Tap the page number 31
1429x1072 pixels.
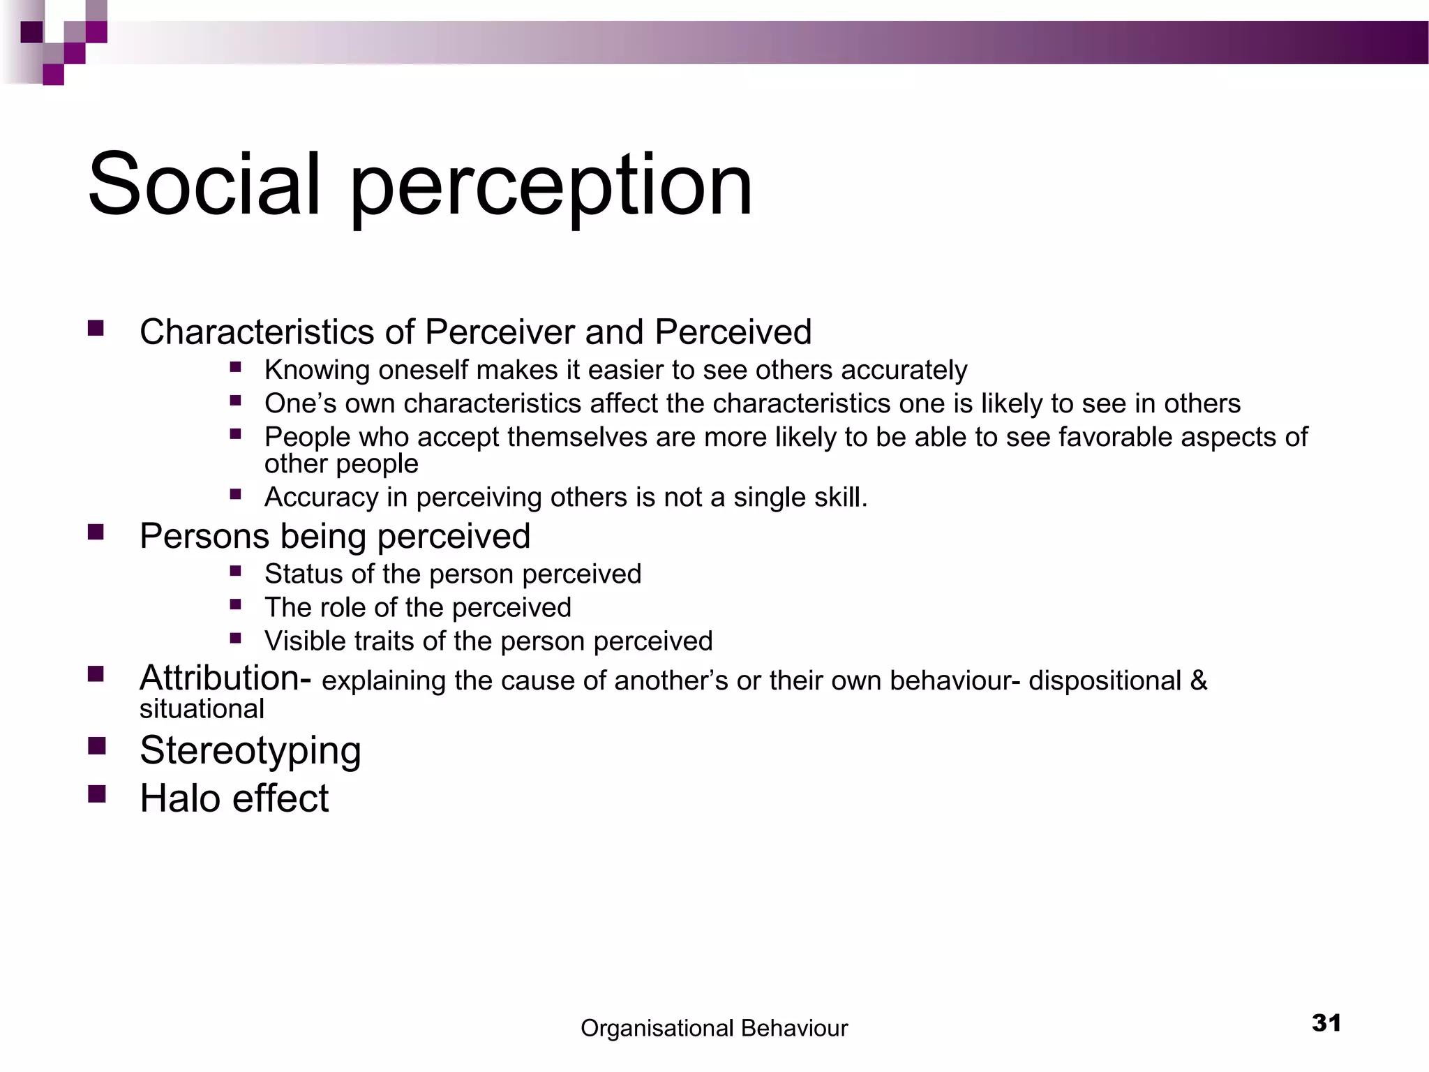click(x=1326, y=1023)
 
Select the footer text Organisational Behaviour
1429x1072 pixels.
click(x=714, y=1028)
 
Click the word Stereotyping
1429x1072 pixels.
click(x=250, y=751)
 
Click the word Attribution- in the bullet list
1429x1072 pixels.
click(x=225, y=678)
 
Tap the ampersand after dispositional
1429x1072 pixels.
click(x=1199, y=680)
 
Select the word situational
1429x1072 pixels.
click(x=202, y=709)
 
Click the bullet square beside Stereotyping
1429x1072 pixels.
click(x=96, y=746)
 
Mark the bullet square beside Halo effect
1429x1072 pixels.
click(x=96, y=794)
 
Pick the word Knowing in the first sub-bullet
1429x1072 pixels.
click(x=317, y=370)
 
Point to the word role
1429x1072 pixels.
click(x=345, y=607)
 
